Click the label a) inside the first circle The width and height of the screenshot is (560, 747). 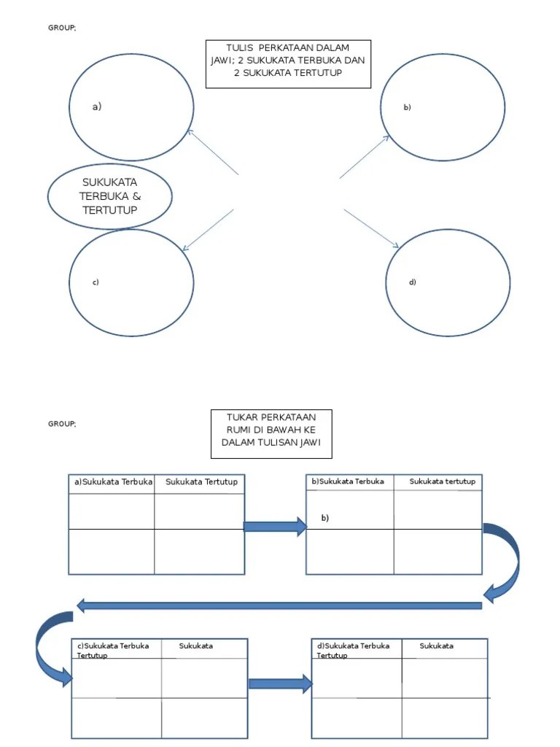(96, 107)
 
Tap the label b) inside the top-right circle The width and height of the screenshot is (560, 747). (408, 107)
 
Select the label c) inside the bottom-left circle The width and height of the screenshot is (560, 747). (96, 282)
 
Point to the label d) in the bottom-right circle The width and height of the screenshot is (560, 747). (413, 282)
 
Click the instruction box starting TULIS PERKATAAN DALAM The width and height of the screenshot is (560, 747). (288, 63)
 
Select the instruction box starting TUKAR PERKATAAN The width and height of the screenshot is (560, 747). (271, 433)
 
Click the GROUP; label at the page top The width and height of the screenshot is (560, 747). (62, 28)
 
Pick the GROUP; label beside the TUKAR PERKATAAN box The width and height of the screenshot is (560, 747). (62, 423)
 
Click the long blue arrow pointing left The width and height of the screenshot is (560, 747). (277, 605)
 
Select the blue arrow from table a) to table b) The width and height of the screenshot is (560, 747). (275, 527)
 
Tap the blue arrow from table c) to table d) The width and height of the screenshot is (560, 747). (280, 684)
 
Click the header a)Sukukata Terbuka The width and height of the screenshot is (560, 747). (113, 481)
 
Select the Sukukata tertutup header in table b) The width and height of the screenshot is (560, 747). (442, 481)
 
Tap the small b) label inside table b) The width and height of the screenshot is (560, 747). (325, 518)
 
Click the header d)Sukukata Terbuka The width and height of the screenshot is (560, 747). (354, 646)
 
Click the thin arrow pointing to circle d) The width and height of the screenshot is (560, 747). (371, 228)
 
